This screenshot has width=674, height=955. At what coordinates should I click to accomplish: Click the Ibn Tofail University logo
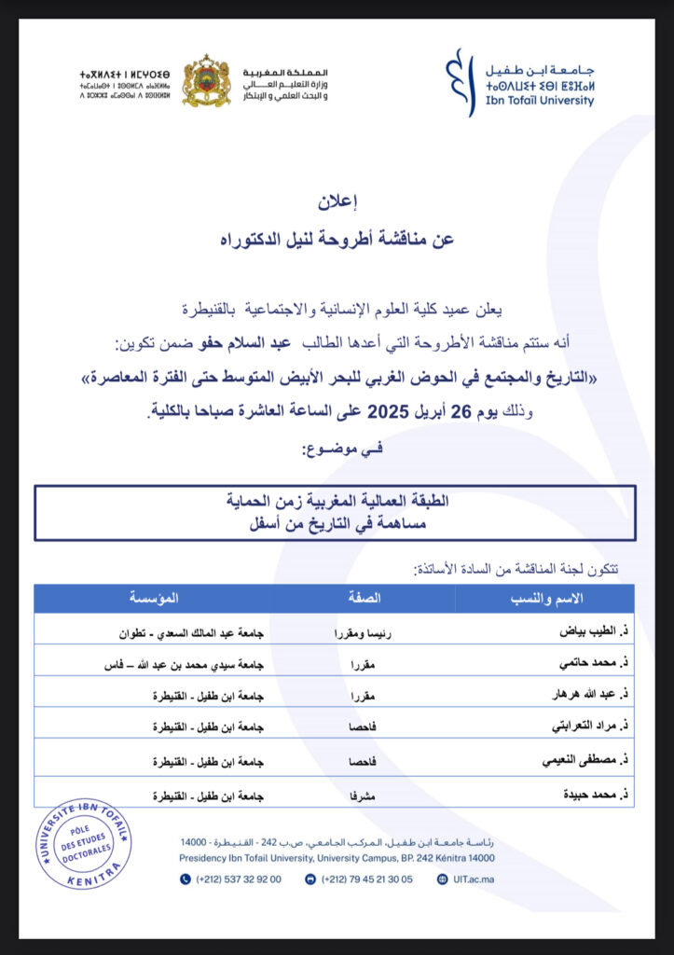(520, 82)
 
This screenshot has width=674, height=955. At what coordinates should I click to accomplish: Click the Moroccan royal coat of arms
(206, 81)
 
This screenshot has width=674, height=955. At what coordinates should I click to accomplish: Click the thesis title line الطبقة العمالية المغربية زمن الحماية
(335, 501)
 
